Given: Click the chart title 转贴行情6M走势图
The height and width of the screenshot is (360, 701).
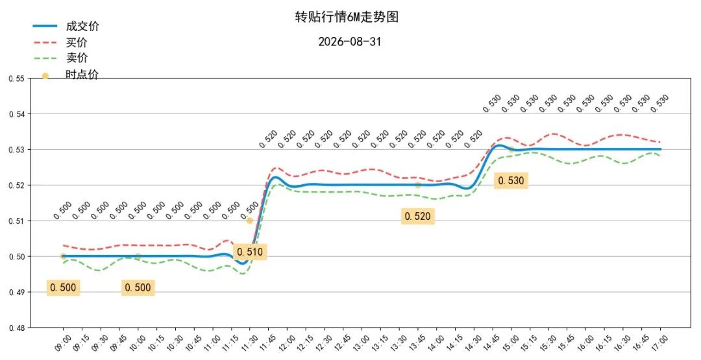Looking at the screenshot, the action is (347, 17).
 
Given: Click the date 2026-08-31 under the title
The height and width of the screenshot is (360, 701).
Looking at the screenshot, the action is (350, 42).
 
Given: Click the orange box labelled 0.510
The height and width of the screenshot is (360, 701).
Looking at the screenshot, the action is (250, 252).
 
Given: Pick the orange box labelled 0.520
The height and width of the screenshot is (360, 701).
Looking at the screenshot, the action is (417, 216).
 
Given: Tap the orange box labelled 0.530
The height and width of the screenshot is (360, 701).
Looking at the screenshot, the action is (511, 180).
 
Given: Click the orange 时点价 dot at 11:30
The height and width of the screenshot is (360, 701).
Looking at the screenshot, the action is (249, 221).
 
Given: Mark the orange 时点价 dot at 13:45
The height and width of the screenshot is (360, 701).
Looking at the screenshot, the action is (417, 185).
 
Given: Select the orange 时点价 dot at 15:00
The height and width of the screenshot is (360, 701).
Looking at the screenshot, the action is (511, 150).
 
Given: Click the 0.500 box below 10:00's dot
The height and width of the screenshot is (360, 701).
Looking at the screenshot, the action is (138, 287).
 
